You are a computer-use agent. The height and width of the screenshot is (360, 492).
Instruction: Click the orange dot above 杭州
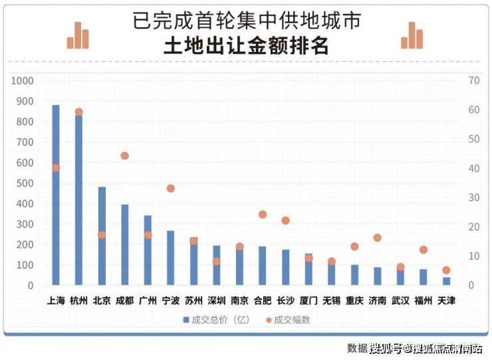pos(78,112)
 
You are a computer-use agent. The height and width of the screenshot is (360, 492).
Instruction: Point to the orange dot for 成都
pos(124,156)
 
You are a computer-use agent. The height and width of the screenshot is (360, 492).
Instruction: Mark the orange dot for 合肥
pos(263,214)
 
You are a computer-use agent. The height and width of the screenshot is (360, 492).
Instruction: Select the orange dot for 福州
pos(423,250)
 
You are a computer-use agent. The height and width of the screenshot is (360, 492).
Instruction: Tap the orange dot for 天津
pos(446,270)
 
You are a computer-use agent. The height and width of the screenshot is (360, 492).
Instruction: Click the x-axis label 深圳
pos(216,301)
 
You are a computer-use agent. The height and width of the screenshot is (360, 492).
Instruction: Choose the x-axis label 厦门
pos(308,301)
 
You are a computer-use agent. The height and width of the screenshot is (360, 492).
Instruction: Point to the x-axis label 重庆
pos(354,301)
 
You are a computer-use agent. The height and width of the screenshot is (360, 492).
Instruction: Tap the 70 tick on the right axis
pos(474,81)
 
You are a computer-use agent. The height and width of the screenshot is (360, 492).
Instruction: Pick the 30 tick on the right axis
pos(474,198)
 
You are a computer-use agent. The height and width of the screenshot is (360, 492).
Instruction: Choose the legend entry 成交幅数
pos(289,320)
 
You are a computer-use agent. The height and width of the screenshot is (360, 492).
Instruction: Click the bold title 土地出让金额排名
pos(246,47)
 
